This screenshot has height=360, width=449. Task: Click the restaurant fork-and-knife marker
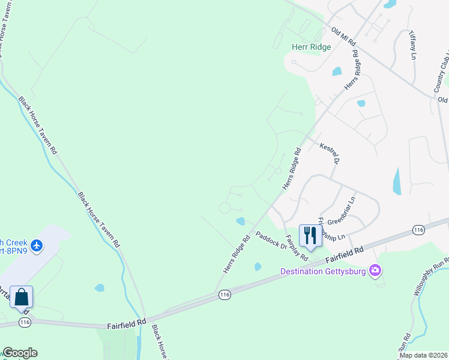pyautogui.click(x=310, y=234)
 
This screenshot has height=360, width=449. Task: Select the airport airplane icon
pyautogui.click(x=37, y=245)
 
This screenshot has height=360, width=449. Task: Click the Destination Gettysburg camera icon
pyautogui.click(x=376, y=271)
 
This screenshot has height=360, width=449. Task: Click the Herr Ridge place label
pyautogui.click(x=311, y=47)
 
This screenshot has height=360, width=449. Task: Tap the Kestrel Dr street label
pyautogui.click(x=330, y=154)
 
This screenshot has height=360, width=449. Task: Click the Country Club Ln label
pyautogui.click(x=441, y=72)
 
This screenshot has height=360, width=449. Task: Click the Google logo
pyautogui.click(x=19, y=353)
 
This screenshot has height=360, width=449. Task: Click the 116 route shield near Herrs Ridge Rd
pyautogui.click(x=224, y=295)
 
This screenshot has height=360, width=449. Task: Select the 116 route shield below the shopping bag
pyautogui.click(x=25, y=322)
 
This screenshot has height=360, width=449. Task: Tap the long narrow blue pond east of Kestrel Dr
pyautogui.click(x=396, y=181)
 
